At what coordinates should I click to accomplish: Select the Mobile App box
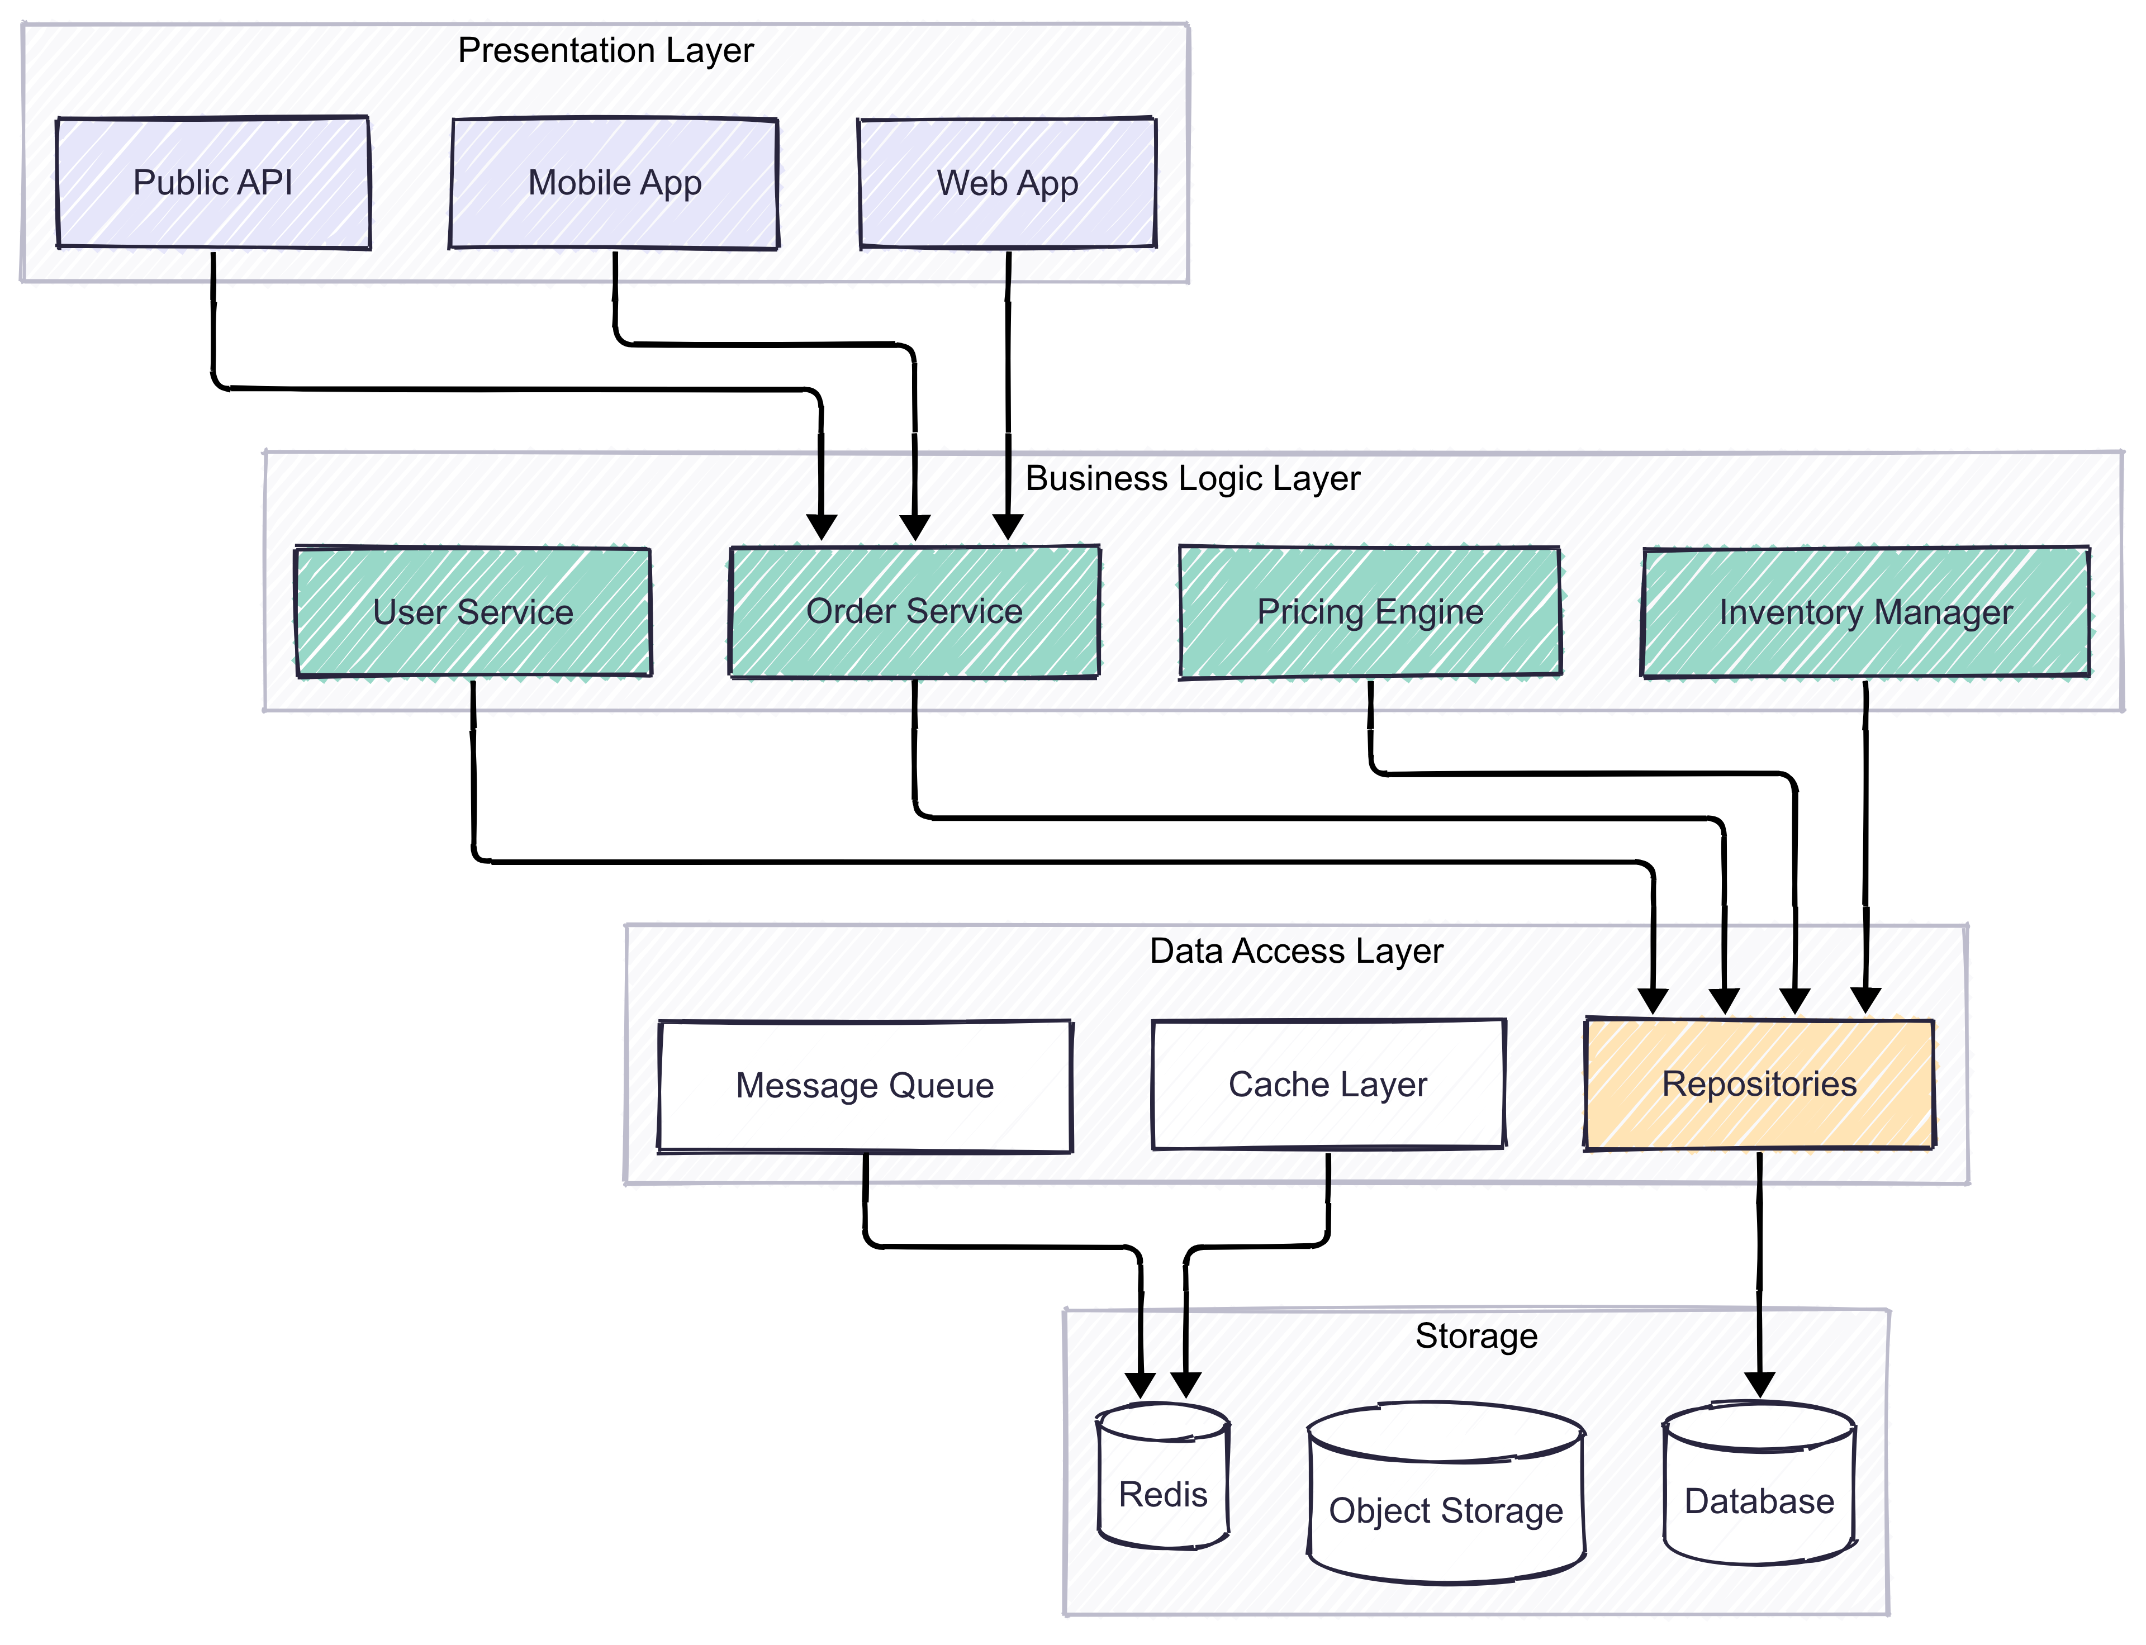tap(614, 183)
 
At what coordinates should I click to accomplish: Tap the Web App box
tap(1007, 183)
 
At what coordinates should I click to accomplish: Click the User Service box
tap(473, 612)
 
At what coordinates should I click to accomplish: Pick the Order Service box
tap(914, 612)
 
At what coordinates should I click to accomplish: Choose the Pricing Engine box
tap(1369, 612)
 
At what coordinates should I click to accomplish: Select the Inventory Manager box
tap(1865, 612)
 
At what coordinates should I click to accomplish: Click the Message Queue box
tap(865, 1086)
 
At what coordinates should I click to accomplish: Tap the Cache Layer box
tap(1328, 1085)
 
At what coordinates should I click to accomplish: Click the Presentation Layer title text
tap(605, 50)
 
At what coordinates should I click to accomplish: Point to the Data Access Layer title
tap(1296, 951)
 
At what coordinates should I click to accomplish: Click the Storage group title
tap(1476, 1335)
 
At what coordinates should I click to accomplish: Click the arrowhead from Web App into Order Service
tap(1008, 527)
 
